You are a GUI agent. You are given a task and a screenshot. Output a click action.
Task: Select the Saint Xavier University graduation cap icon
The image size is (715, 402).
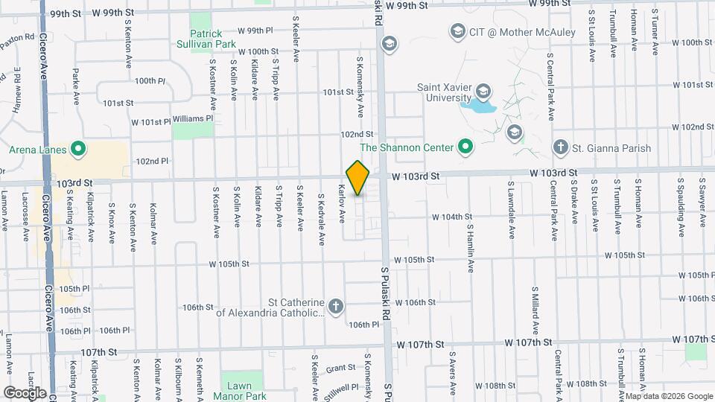pos(484,92)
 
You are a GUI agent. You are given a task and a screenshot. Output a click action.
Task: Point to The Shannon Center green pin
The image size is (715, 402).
pos(465,147)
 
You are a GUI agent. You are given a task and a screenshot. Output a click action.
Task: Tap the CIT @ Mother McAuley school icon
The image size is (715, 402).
pos(457,32)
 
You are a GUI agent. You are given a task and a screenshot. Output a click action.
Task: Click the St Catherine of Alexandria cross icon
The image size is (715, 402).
pos(337,307)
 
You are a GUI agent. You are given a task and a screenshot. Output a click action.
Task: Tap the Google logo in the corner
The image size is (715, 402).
pos(24,392)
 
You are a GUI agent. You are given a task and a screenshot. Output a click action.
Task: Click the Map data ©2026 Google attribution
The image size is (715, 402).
pos(667,395)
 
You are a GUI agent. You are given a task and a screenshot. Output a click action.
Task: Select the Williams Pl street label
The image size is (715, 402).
pos(193,118)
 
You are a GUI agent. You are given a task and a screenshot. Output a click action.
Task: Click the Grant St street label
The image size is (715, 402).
pos(339,368)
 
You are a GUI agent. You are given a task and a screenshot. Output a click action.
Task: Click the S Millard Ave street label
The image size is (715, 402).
pos(535,309)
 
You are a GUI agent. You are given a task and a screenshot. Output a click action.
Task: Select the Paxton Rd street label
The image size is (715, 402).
pos(18,37)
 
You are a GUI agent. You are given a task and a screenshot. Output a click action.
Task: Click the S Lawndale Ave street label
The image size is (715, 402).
pos(512,209)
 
